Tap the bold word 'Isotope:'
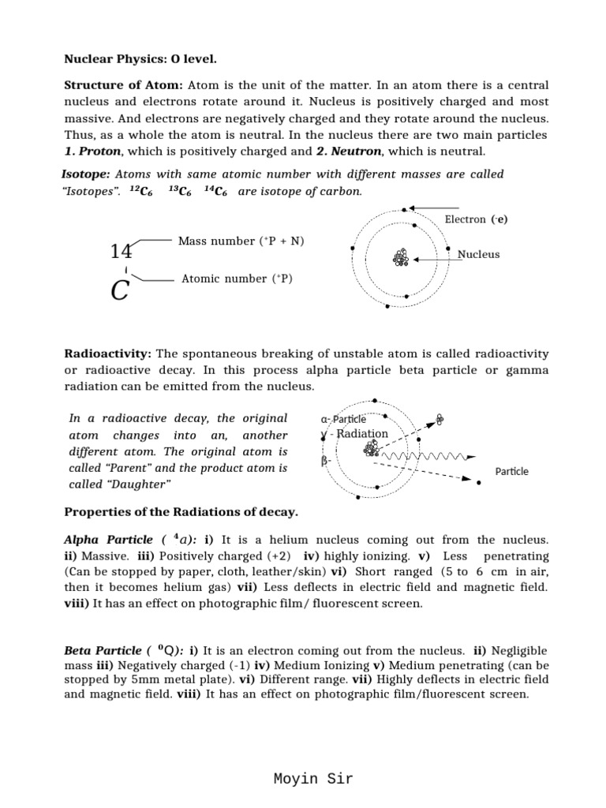(x=85, y=174)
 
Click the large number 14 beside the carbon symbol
(x=121, y=252)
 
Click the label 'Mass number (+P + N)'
(x=241, y=241)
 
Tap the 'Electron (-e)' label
(x=476, y=219)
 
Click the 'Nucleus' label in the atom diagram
(x=478, y=255)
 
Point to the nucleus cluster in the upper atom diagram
(x=400, y=258)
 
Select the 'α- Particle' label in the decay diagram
(x=343, y=419)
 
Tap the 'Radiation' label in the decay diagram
(x=362, y=433)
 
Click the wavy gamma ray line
(x=426, y=457)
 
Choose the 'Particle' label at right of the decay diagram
(x=511, y=471)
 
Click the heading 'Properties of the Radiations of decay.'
(x=181, y=513)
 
